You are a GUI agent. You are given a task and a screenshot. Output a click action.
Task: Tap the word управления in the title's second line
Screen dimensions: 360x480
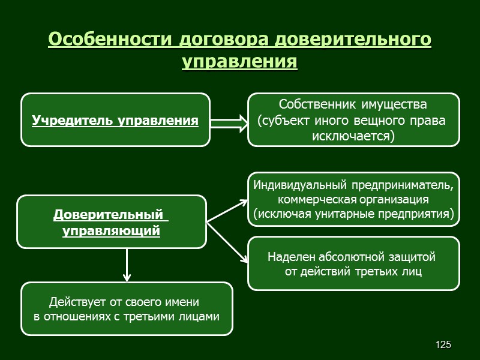(239, 62)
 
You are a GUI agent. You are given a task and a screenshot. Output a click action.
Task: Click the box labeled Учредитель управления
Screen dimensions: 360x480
(115, 120)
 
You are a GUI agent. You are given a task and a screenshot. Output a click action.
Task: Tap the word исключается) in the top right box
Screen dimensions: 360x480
(354, 136)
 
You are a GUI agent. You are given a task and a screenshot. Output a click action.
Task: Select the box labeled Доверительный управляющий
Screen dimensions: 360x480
(112, 221)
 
